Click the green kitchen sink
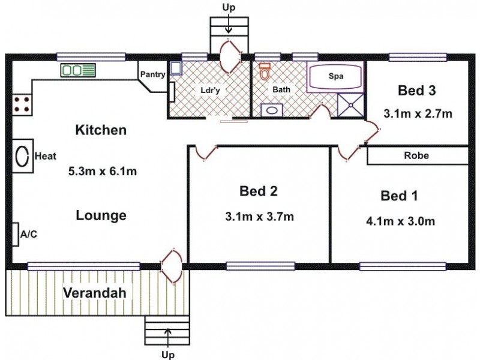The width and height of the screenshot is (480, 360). pyautogui.click(x=78, y=70)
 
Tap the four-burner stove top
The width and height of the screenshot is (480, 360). pyautogui.click(x=22, y=104)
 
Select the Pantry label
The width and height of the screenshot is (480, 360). pyautogui.click(x=153, y=74)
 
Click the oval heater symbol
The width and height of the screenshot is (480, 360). pyautogui.click(x=22, y=156)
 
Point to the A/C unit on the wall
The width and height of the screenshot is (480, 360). pyautogui.click(x=16, y=234)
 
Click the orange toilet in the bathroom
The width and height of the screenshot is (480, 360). pyautogui.click(x=264, y=71)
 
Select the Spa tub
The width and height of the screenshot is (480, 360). pyautogui.click(x=336, y=76)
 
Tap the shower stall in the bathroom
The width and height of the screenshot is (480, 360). pyautogui.click(x=351, y=105)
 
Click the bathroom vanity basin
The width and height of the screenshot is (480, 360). pyautogui.click(x=272, y=110)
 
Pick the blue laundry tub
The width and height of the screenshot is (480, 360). pyautogui.click(x=175, y=68)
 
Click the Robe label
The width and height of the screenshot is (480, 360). pyautogui.click(x=416, y=155)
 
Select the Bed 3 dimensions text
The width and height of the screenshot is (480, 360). pyautogui.click(x=418, y=114)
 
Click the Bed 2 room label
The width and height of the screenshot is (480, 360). pyautogui.click(x=259, y=191)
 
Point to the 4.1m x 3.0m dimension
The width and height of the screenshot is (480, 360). pyautogui.click(x=400, y=221)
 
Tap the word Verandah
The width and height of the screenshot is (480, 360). pyautogui.click(x=95, y=293)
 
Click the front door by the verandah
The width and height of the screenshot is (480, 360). pyautogui.click(x=172, y=266)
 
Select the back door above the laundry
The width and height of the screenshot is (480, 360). pyautogui.click(x=230, y=56)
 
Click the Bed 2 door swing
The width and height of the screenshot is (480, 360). pyautogui.click(x=206, y=154)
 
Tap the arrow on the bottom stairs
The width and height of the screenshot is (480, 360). pyautogui.click(x=168, y=338)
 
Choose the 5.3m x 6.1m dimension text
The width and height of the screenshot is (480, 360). pyautogui.click(x=103, y=171)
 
